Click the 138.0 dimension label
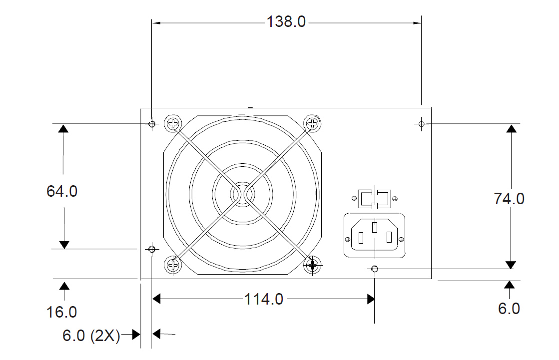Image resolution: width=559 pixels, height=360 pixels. click(285, 22)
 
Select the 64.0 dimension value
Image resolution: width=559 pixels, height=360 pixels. click(62, 191)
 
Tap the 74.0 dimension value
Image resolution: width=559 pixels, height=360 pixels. click(509, 199)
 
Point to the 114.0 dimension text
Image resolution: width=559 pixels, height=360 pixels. click(263, 299)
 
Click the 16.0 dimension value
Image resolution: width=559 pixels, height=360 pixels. click(62, 312)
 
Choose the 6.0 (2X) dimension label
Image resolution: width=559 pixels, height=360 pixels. click(91, 336)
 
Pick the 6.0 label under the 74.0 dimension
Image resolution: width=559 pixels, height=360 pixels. click(509, 309)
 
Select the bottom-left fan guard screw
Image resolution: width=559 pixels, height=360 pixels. click(173, 264)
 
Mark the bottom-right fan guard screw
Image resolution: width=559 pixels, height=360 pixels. click(313, 264)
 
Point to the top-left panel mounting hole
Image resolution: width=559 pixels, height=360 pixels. click(152, 123)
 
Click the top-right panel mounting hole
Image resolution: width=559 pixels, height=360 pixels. click(422, 123)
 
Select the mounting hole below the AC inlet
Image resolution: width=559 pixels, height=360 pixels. click(375, 270)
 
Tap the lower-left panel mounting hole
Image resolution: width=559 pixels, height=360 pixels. click(152, 249)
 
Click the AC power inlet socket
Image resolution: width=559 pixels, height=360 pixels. click(374, 236)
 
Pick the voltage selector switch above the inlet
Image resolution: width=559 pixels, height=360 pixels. click(375, 198)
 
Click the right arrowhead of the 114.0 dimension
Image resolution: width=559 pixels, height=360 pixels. click(371, 299)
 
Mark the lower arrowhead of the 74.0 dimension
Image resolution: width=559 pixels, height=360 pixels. click(511, 264)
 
